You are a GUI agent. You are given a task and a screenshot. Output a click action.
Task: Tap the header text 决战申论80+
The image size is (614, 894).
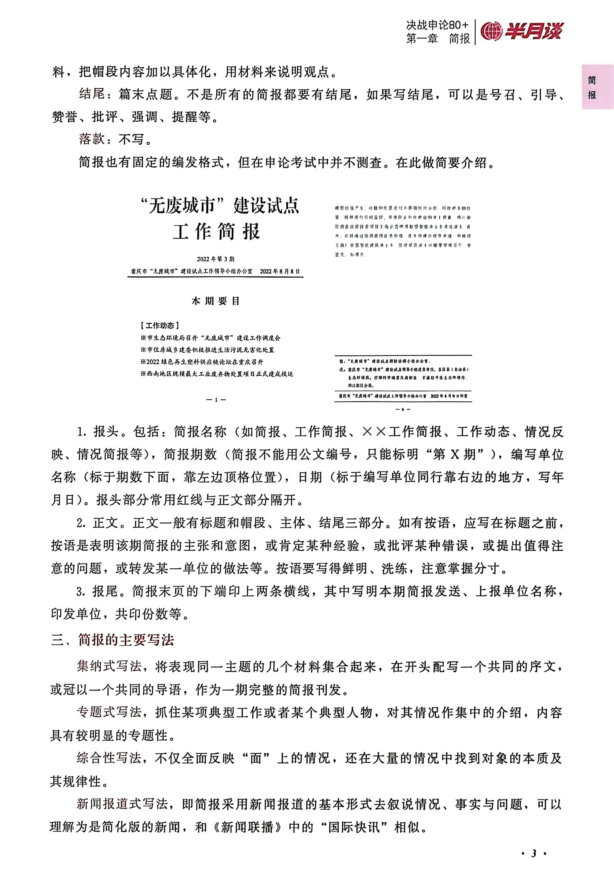click(437, 25)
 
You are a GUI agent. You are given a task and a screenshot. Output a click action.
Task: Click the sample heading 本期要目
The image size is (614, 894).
click(216, 301)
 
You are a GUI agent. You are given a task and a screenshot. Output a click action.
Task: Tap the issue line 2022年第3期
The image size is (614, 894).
click(216, 259)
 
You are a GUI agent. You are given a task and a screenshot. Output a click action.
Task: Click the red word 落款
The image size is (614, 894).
click(92, 139)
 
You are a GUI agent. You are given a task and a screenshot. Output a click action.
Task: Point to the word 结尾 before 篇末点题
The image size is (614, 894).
click(92, 94)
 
